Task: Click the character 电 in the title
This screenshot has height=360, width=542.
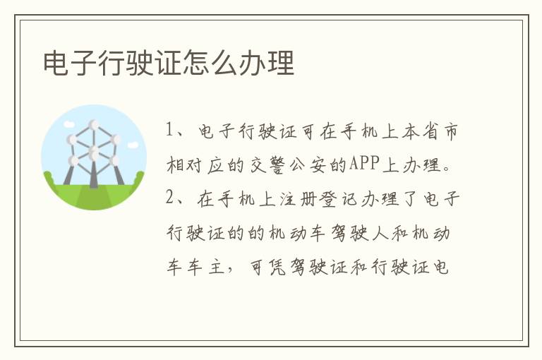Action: coord(55,63)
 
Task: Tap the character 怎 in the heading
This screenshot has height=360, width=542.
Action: coord(196,63)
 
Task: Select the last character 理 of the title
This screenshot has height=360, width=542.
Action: coord(281,63)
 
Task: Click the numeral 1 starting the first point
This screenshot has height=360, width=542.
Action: coord(169,130)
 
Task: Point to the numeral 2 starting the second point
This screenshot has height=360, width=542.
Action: coord(169,198)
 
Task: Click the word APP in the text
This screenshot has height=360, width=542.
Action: coord(364,163)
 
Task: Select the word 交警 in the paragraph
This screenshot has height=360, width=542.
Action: coord(267,164)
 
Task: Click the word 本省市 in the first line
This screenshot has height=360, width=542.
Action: coord(430,131)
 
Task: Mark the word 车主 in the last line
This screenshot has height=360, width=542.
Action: coord(206,267)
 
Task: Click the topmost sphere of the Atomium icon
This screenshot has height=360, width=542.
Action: coord(94,125)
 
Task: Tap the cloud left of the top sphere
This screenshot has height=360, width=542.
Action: coord(69,124)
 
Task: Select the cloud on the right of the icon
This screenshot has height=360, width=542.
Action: coord(133,145)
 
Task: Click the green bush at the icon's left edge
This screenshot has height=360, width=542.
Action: coord(48,178)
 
